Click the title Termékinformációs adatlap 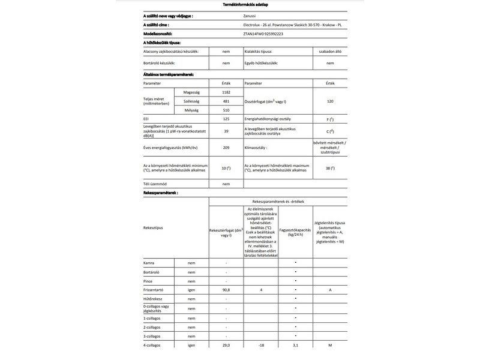point(241,4)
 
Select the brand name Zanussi point(253,15)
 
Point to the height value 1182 point(226,92)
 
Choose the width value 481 point(226,101)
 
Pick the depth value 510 point(226,110)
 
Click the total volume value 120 point(330,101)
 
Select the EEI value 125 point(226,119)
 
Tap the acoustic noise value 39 point(226,130)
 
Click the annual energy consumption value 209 point(226,147)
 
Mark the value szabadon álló point(330,53)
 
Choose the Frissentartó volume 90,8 point(226,290)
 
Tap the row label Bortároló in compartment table point(154,272)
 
